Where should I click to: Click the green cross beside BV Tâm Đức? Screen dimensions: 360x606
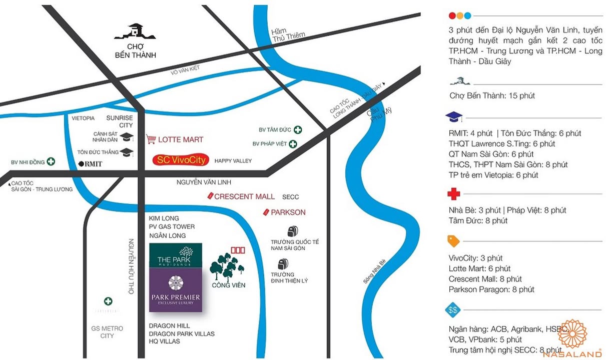pyautogui.click(x=298, y=129)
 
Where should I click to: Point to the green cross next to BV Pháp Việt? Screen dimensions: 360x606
pyautogui.click(x=293, y=144)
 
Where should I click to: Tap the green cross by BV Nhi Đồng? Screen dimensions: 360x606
pyautogui.click(x=51, y=162)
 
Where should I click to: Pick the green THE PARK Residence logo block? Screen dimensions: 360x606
pyautogui.click(x=176, y=255)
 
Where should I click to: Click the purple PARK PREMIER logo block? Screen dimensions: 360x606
pyautogui.click(x=176, y=290)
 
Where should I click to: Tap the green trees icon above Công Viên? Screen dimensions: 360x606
pyautogui.click(x=226, y=266)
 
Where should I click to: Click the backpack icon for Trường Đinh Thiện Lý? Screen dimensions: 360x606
pyautogui.click(x=283, y=263)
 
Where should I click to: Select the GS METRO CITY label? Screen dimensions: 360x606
pyautogui.click(x=107, y=332)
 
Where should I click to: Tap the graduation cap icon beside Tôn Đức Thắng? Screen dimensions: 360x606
pyautogui.click(x=127, y=152)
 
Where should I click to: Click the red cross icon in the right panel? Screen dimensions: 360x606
pyautogui.click(x=453, y=194)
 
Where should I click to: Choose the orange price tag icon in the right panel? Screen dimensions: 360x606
pyautogui.click(x=453, y=241)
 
